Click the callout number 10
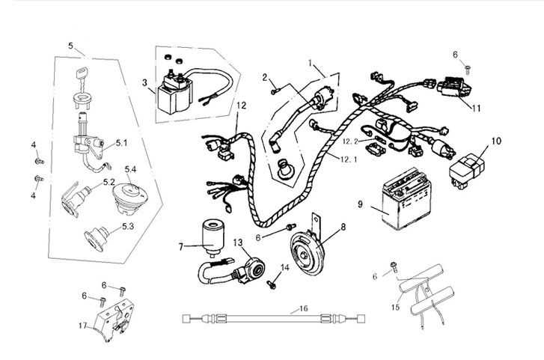pyautogui.click(x=496, y=141)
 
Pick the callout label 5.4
pyautogui.click(x=130, y=170)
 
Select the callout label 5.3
pyautogui.click(x=128, y=225)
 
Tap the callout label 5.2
pyautogui.click(x=109, y=182)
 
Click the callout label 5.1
pyautogui.click(x=121, y=142)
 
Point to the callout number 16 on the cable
pyautogui.click(x=303, y=308)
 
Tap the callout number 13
pyautogui.click(x=237, y=242)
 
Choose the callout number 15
pyautogui.click(x=395, y=306)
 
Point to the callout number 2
pyautogui.click(x=265, y=77)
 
